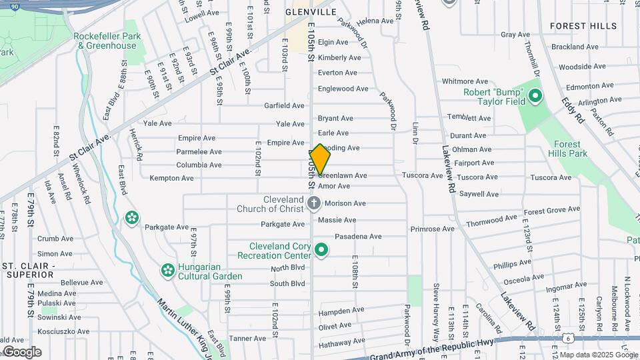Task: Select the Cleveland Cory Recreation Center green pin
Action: [x=322, y=250]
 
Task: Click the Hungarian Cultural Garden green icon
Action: [x=167, y=271]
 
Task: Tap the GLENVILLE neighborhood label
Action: [x=311, y=12]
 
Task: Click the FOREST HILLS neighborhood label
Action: [x=583, y=26]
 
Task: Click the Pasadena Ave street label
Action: [x=358, y=237]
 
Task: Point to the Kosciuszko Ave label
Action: [x=63, y=331]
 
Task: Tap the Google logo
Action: [x=21, y=352]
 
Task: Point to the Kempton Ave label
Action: [x=171, y=179]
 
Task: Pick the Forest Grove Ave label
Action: [x=551, y=210]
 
